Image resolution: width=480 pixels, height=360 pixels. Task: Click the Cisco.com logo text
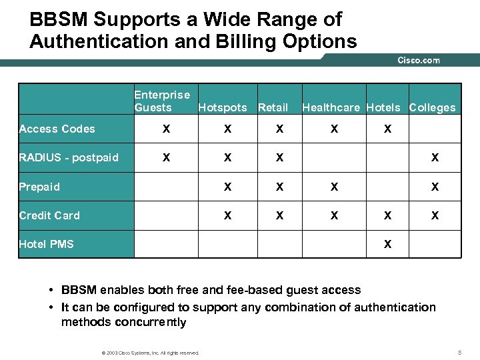[419, 60]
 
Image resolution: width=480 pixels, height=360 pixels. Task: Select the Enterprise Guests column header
[162, 101]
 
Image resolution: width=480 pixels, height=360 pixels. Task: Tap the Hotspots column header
[222, 107]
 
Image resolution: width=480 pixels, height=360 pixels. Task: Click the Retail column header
[273, 107]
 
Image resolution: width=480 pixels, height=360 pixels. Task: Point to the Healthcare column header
[331, 107]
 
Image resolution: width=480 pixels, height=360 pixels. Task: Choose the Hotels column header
[383, 107]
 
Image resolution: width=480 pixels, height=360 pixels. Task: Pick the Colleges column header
[432, 107]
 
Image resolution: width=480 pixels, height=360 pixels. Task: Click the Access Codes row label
[57, 129]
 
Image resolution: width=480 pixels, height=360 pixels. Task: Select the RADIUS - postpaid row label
[69, 157]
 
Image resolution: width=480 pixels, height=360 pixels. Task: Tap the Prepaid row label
[39, 187]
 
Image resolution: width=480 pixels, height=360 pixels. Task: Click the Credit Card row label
[49, 215]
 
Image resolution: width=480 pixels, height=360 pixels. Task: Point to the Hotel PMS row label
[46, 244]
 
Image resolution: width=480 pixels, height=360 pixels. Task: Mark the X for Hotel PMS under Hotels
[387, 245]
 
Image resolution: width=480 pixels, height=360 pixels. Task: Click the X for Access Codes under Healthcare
[334, 129]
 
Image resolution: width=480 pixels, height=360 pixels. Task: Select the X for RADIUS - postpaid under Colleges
[435, 158]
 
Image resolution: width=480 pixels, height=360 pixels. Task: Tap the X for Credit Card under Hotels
[387, 216]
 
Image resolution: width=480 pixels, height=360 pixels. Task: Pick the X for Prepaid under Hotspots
[227, 187]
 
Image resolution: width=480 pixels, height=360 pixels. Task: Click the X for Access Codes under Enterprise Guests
[166, 129]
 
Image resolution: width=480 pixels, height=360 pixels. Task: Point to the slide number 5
[460, 351]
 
